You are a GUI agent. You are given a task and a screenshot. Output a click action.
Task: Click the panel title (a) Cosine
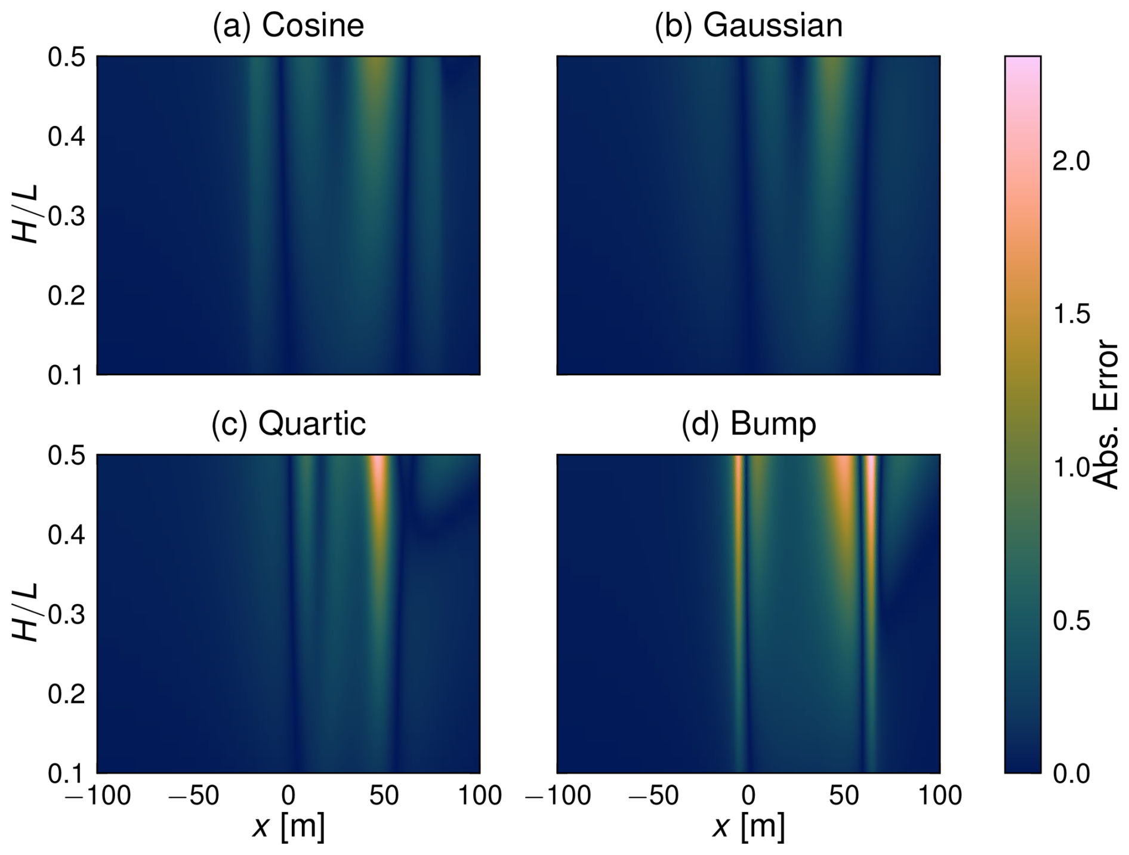tap(288, 26)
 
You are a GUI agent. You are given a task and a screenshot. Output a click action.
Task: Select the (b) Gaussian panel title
tap(748, 26)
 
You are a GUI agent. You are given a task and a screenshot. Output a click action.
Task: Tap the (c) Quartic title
tap(288, 424)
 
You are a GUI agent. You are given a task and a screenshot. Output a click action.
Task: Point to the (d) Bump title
tap(748, 424)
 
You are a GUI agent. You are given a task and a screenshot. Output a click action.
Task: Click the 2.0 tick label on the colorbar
tap(1071, 161)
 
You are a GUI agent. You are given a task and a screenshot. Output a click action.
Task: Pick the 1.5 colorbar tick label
tap(1071, 314)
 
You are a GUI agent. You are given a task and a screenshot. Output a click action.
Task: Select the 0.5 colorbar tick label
tap(1071, 621)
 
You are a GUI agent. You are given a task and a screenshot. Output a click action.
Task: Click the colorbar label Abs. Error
tap(1107, 415)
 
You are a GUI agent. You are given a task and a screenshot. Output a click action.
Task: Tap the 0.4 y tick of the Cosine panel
tap(66, 137)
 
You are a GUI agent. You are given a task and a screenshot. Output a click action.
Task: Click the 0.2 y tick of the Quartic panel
tap(66, 695)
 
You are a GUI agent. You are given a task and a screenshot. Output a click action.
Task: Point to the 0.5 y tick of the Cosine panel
tap(66, 58)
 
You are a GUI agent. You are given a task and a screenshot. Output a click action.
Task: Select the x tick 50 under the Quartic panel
tap(384, 796)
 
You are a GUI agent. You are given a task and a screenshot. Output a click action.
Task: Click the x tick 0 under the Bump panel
tap(748, 796)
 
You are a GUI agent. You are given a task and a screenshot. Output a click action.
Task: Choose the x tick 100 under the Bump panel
tap(939, 796)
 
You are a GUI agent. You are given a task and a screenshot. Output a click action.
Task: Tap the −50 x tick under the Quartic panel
tap(192, 796)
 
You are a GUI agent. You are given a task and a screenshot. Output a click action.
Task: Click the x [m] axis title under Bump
tap(748, 827)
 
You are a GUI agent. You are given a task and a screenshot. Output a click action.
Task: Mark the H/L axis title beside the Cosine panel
tap(26, 215)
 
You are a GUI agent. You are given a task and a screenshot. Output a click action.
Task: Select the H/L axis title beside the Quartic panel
tap(26, 613)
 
